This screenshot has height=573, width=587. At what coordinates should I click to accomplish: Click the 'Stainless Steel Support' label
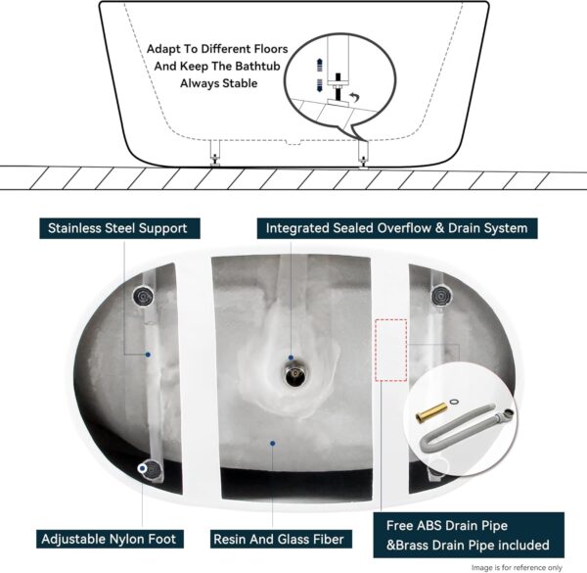[117, 228]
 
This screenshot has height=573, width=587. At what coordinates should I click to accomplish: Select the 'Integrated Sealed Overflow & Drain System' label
[396, 228]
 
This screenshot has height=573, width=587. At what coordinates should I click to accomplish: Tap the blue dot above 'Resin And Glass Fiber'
[273, 443]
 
